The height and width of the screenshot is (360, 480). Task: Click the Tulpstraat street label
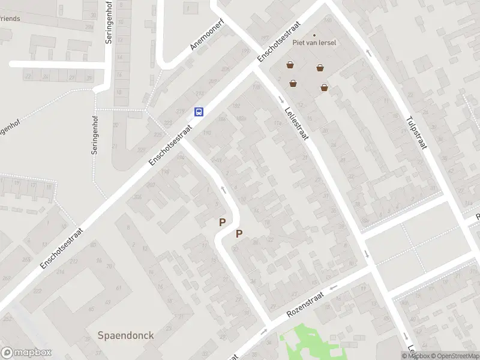(x=415, y=133)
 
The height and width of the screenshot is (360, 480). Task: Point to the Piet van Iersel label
(x=314, y=43)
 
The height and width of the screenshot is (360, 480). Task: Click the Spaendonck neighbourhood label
(x=126, y=335)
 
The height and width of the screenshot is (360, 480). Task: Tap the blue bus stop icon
(x=199, y=112)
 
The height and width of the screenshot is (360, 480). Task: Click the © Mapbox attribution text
(x=415, y=356)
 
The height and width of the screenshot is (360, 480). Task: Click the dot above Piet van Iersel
(x=314, y=35)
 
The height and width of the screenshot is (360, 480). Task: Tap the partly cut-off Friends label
(x=10, y=19)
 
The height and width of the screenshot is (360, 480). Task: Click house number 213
(x=199, y=94)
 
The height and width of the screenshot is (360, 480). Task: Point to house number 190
(x=207, y=133)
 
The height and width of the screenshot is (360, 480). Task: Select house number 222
(x=37, y=291)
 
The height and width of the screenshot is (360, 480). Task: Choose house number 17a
(x=256, y=88)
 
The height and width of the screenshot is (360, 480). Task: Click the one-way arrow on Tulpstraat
(x=368, y=53)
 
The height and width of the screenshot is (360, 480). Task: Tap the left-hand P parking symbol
(x=222, y=222)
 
